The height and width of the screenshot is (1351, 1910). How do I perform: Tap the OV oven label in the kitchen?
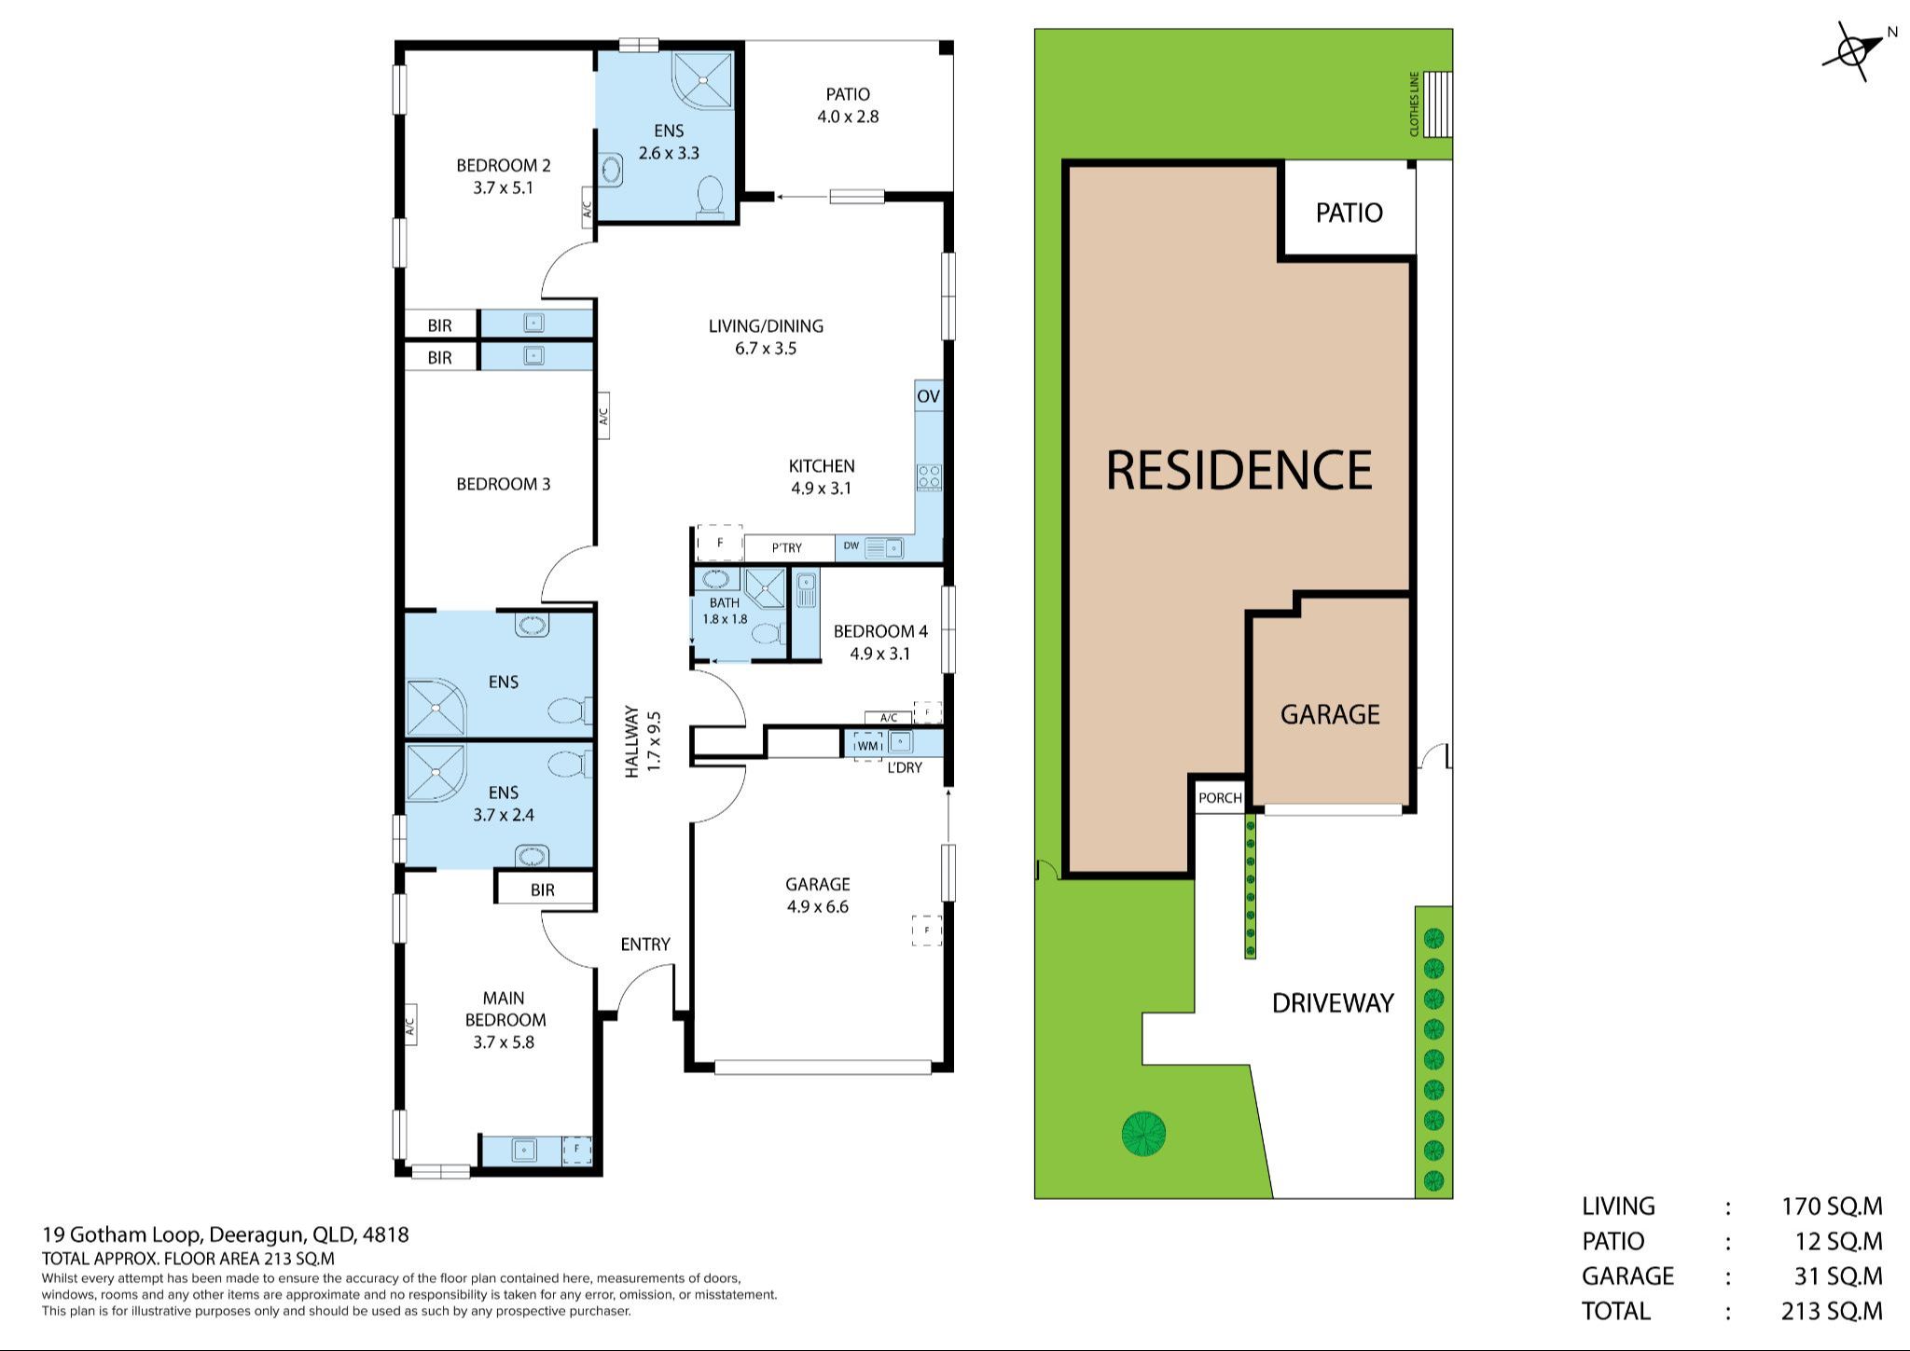(928, 396)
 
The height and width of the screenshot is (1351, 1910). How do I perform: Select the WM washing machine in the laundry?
(868, 745)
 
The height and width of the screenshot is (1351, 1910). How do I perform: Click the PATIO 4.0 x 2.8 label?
(848, 105)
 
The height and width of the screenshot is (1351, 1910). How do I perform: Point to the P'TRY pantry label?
(786, 547)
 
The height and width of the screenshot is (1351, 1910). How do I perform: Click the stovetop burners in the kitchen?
(929, 477)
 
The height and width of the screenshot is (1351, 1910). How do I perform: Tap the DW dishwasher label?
(851, 545)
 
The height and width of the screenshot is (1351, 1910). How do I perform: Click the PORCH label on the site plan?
(1220, 798)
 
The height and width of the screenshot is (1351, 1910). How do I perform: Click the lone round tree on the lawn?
(1143, 1134)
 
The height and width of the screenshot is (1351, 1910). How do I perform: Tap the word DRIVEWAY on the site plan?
(1333, 1003)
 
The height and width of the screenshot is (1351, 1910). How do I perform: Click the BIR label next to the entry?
(543, 889)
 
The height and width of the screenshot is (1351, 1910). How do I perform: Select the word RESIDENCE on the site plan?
(1239, 470)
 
